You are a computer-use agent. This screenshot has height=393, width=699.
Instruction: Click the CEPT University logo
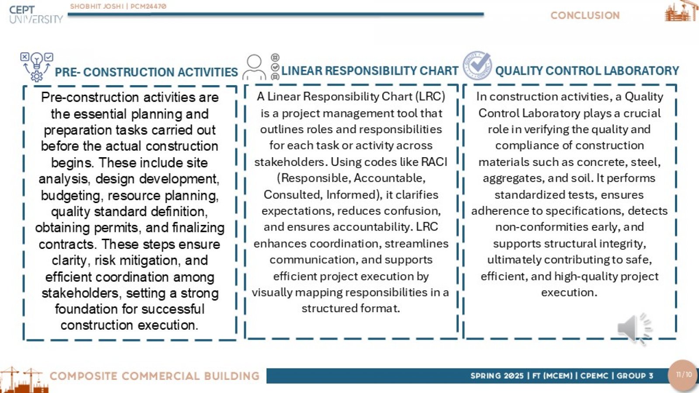(35, 14)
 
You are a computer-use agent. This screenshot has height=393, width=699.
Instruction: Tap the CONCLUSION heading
(585, 16)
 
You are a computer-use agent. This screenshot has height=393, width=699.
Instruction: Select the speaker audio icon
(634, 328)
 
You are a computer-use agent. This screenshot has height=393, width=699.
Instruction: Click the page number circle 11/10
(684, 375)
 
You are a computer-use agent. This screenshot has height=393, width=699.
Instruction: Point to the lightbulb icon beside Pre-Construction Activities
(37, 67)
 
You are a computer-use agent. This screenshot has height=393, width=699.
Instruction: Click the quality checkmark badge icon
(477, 65)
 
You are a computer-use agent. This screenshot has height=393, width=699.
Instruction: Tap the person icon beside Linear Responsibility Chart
(254, 67)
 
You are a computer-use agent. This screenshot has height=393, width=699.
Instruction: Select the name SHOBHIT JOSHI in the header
(97, 6)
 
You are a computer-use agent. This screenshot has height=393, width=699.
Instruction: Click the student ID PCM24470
(148, 6)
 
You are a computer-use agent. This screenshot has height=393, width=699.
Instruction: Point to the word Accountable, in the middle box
(389, 178)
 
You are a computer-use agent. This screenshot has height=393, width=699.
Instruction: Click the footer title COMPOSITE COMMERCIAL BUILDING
(155, 376)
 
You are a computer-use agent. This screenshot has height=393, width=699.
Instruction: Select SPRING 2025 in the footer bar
(497, 376)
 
